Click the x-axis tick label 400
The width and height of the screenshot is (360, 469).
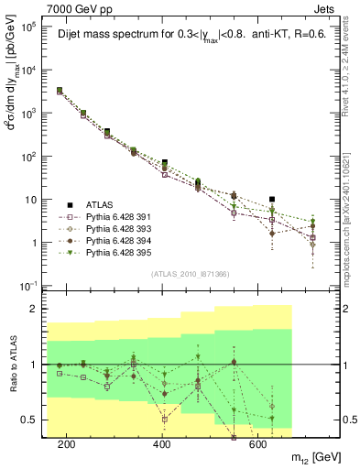click(162, 444)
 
